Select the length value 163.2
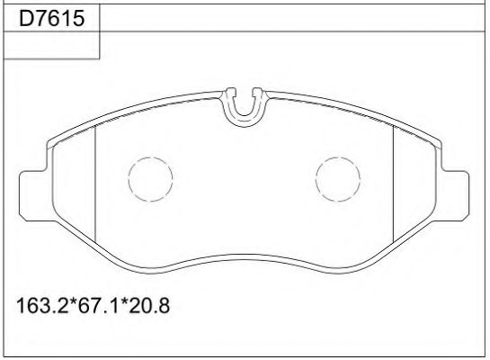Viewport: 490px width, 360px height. tap(40, 305)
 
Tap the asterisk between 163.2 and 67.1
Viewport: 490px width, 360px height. tap(68, 303)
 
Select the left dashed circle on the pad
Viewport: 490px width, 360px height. tap(150, 178)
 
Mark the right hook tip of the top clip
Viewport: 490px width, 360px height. tap(256, 91)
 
